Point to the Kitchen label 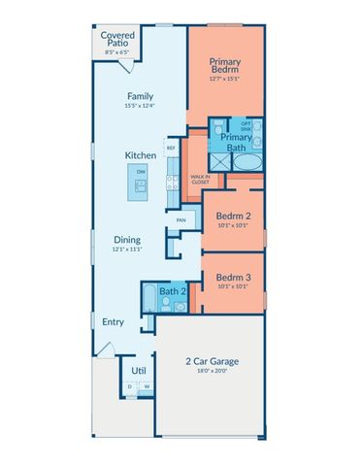140,155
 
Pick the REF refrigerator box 171,149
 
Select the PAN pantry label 180,219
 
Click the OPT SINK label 245,126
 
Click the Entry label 114,321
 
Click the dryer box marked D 130,385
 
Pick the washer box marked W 147,385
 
